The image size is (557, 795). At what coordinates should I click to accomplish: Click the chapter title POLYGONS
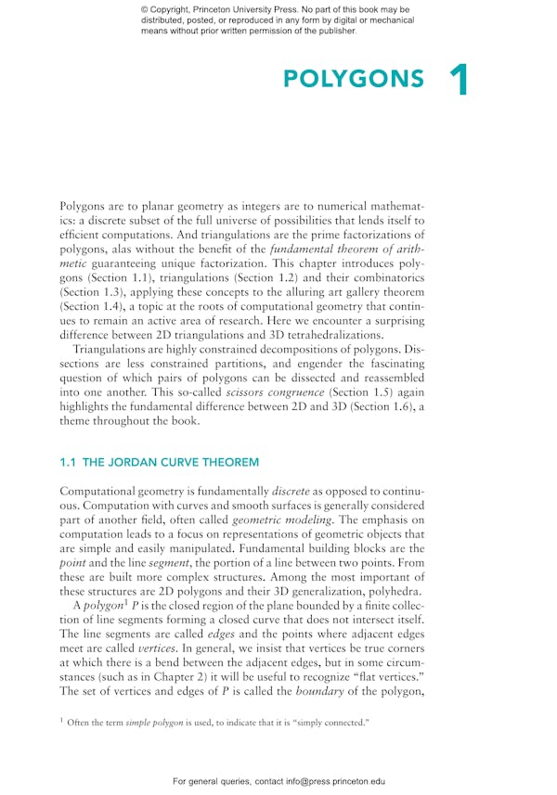tap(353, 80)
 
